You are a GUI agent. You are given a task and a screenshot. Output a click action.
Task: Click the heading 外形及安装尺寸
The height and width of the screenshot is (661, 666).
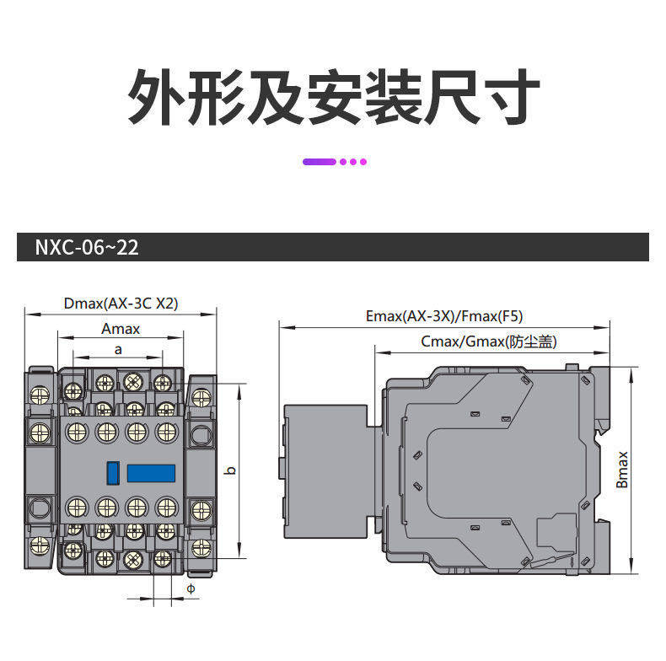[333, 98]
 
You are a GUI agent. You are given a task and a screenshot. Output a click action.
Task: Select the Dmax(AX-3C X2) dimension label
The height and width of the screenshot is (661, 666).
[121, 304]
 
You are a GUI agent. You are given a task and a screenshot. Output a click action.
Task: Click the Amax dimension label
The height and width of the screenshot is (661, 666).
[121, 329]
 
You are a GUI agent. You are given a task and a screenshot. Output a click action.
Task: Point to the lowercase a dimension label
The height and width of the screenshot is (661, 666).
[119, 349]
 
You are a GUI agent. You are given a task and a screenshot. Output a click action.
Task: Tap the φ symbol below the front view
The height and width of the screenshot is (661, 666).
[191, 588]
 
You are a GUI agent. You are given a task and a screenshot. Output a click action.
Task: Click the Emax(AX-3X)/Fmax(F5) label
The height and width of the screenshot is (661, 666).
[444, 317]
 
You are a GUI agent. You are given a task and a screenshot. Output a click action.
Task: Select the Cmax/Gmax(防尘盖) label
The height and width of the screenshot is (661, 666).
[489, 341]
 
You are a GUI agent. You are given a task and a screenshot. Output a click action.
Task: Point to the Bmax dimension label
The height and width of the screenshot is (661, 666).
[622, 470]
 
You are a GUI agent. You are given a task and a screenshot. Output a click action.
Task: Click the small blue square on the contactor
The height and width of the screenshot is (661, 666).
[112, 472]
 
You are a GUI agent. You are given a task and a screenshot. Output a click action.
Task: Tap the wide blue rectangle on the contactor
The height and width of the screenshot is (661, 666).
[151, 472]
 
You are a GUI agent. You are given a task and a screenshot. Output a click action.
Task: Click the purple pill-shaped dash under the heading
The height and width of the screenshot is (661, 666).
[320, 161]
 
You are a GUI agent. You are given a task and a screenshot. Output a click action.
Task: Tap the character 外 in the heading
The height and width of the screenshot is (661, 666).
[154, 98]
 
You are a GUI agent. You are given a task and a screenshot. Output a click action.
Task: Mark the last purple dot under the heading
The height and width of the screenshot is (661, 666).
[363, 161]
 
